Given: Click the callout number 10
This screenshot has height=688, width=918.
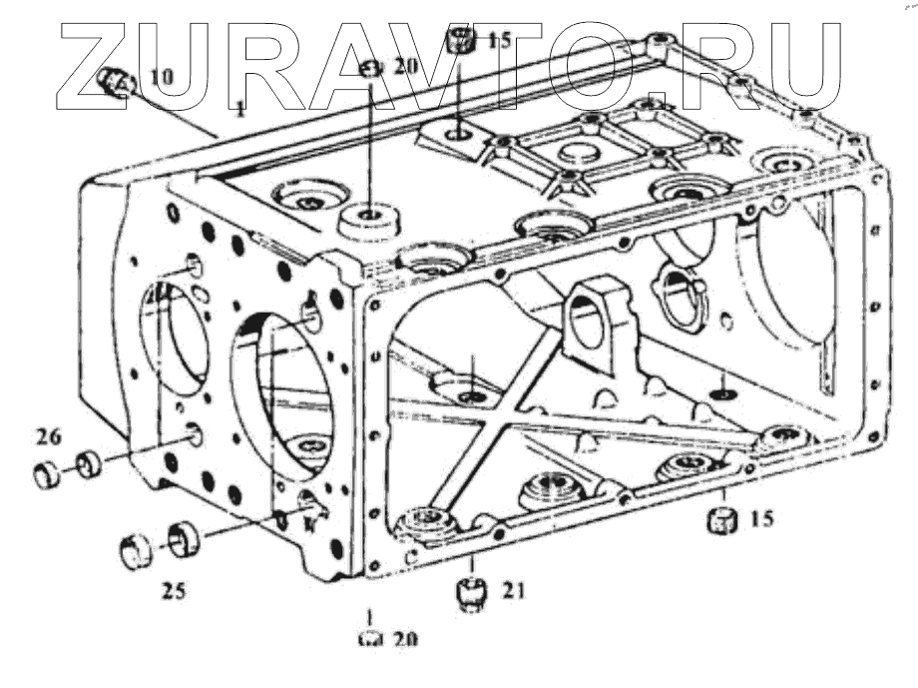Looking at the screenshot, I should (161, 75).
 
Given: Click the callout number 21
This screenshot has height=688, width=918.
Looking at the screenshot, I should (512, 591).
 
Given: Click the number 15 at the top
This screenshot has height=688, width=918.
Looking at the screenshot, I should (498, 41).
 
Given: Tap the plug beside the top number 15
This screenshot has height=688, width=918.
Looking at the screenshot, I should (459, 42).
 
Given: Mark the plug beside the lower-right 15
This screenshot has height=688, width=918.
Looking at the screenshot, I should (721, 520).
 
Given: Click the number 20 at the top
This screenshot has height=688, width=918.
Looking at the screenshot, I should (403, 67).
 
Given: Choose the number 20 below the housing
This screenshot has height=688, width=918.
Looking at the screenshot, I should (403, 640).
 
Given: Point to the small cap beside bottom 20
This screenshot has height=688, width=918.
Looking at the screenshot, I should (367, 640).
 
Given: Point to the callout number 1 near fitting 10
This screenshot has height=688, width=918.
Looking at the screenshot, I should (240, 105).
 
